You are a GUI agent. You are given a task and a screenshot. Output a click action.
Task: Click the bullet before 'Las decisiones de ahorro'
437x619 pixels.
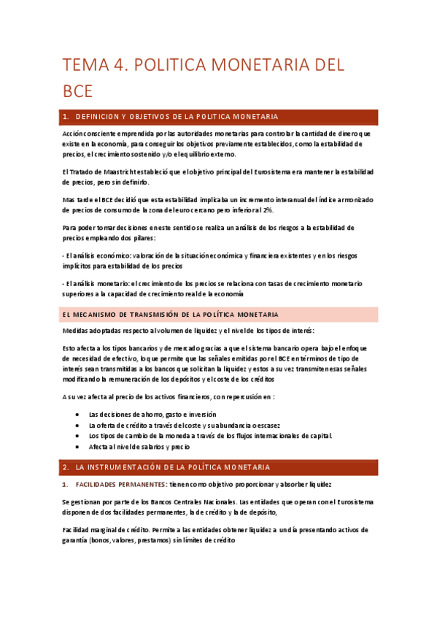[78, 414]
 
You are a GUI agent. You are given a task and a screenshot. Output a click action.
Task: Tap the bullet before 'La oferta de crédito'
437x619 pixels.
[78, 425]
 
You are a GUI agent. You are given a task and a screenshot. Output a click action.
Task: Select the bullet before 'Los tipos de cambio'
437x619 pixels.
[78, 436]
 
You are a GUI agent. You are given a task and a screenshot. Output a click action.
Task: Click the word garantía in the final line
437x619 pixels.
[75, 541]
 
